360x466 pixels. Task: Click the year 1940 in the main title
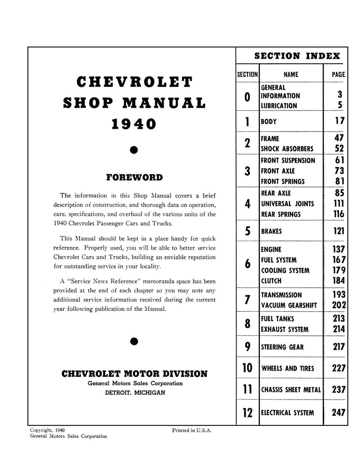134,124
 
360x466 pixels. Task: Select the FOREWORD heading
134,177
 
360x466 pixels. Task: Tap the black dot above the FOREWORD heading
134,149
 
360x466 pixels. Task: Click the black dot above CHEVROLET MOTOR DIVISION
134,341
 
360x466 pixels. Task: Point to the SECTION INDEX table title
297,56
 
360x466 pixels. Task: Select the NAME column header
291,74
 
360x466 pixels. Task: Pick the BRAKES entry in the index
271,231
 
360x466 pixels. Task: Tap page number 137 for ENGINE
339,249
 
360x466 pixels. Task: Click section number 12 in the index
247,413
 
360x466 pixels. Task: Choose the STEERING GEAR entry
282,347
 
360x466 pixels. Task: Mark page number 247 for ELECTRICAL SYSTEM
339,413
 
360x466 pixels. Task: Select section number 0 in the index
247,96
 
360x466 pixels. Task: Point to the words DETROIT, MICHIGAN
134,393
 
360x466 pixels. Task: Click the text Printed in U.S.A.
192,430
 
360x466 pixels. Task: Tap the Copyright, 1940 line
47,430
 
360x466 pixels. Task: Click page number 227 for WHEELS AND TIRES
339,368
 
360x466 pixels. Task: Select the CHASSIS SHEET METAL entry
291,390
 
